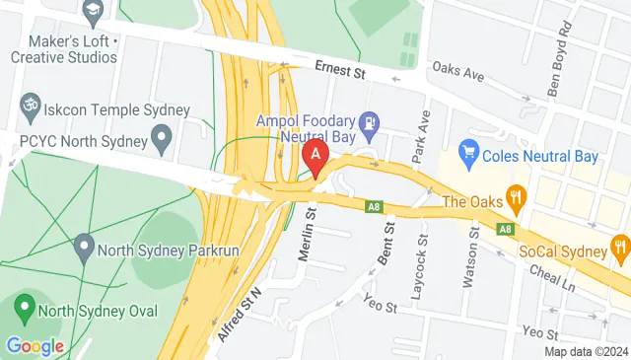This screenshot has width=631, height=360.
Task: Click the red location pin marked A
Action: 315,154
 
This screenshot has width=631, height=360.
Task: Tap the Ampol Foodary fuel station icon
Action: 370,124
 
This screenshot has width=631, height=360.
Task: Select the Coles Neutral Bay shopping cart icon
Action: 468,154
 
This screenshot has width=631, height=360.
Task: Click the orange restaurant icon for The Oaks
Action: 514,197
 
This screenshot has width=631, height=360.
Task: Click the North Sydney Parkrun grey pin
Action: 86,244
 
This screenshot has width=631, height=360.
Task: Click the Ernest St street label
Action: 339,69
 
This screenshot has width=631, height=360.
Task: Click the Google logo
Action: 35,346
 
